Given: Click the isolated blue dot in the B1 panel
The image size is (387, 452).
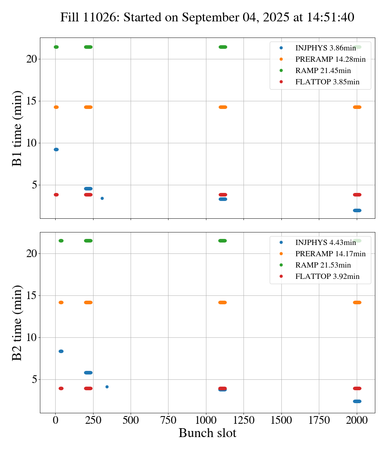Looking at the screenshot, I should pyautogui.click(x=102, y=198).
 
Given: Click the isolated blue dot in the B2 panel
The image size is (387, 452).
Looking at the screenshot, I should pyautogui.click(x=107, y=387).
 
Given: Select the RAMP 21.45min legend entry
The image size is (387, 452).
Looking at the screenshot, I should pyautogui.click(x=323, y=71).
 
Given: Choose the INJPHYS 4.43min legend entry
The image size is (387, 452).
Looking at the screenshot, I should pyautogui.click(x=325, y=243).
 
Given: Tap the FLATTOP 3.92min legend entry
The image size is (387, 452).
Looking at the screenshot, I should pyautogui.click(x=327, y=276).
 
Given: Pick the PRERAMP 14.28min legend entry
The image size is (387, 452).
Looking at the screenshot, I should pyautogui.click(x=330, y=59).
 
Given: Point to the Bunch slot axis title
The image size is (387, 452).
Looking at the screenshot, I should pyautogui.click(x=207, y=433).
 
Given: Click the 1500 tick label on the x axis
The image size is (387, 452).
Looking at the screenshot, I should pyautogui.click(x=281, y=421).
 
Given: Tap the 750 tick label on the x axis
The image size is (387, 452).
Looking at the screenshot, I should pyautogui.click(x=168, y=421).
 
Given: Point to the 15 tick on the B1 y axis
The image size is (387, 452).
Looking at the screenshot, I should pyautogui.click(x=32, y=101).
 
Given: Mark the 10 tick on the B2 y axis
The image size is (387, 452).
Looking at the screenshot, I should pyautogui.click(x=32, y=337).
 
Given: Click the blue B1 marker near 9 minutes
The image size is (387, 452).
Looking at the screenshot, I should pyautogui.click(x=56, y=149).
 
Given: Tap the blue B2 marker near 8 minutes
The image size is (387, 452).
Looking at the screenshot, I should pyautogui.click(x=61, y=351).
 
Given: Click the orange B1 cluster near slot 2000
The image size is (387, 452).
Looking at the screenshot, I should pyautogui.click(x=357, y=107).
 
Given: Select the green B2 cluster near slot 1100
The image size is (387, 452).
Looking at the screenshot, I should pyautogui.click(x=223, y=241).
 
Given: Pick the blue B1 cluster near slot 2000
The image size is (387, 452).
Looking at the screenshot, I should pyautogui.click(x=357, y=210).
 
